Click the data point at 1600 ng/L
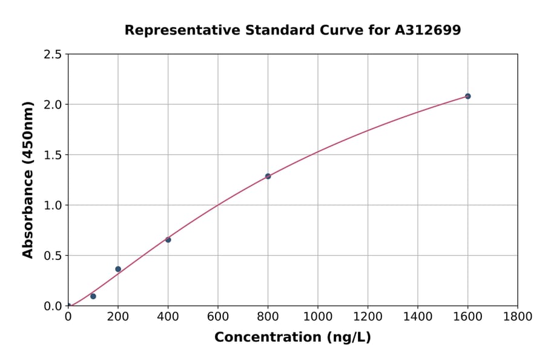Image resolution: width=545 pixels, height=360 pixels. click(x=467, y=96)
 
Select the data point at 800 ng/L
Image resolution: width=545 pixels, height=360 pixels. click(x=268, y=176)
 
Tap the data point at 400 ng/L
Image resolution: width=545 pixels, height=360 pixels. click(x=168, y=240)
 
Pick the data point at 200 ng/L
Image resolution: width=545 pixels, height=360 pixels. click(x=118, y=269)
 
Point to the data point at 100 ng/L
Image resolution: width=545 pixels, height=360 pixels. click(x=93, y=296)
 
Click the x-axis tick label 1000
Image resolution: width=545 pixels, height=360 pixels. click(x=318, y=316)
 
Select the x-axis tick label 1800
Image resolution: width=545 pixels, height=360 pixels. click(x=517, y=316)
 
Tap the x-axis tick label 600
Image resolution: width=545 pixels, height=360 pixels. click(x=218, y=316)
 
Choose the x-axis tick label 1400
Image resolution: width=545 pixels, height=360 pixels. click(x=418, y=316)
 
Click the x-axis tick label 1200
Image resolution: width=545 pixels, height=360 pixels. click(x=368, y=316)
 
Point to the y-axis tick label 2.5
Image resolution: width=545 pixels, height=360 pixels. click(x=53, y=55)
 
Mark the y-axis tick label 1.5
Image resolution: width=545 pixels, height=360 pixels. click(x=53, y=155)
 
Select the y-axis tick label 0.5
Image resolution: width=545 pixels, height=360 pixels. click(x=53, y=256)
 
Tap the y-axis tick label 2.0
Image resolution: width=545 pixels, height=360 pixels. click(x=53, y=105)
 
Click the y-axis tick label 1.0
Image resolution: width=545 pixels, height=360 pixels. click(x=53, y=205)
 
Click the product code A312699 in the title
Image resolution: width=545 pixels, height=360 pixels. click(x=428, y=30)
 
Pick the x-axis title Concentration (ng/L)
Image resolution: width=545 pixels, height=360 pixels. click(x=292, y=338)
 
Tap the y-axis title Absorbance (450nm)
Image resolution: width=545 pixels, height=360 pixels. click(x=28, y=179)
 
